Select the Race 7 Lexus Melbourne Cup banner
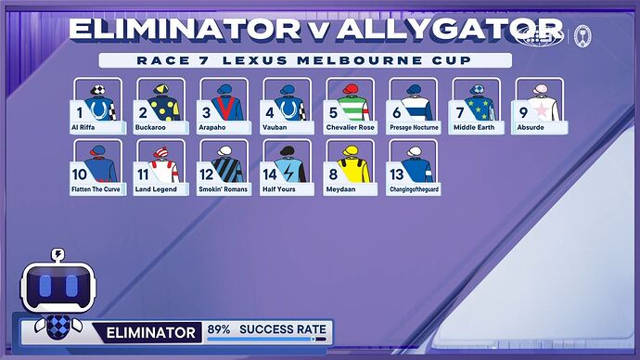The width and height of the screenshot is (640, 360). click(x=306, y=61)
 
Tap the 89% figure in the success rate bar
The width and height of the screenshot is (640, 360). click(x=219, y=330)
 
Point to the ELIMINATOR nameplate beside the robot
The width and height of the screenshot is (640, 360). click(x=151, y=331)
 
